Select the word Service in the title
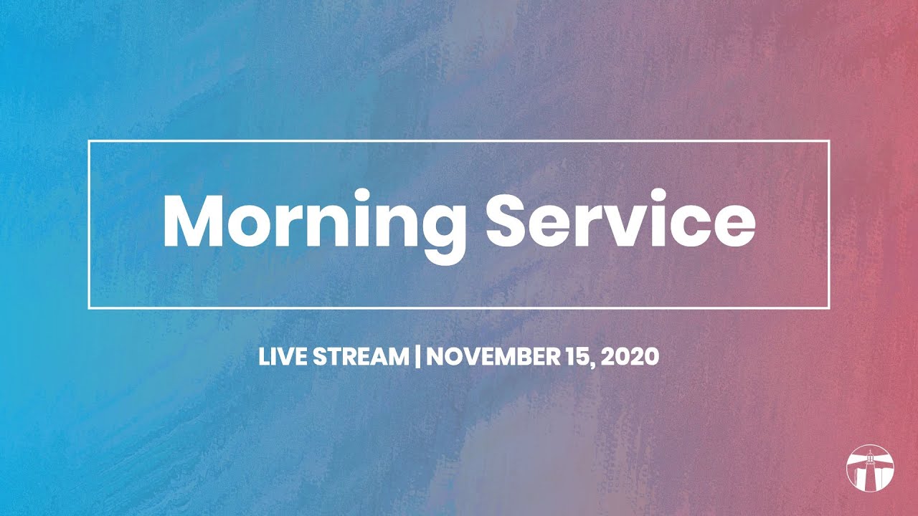pyautogui.click(x=621, y=219)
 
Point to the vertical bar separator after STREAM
pyautogui.click(x=417, y=357)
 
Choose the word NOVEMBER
pyautogui.click(x=492, y=357)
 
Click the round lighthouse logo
pyautogui.click(x=870, y=467)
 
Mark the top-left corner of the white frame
pyautogui.click(x=89, y=142)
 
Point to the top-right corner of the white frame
pyautogui.click(x=829, y=142)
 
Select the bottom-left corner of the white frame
pyautogui.click(x=89, y=307)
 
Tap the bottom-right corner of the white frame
pyautogui.click(x=829, y=307)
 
